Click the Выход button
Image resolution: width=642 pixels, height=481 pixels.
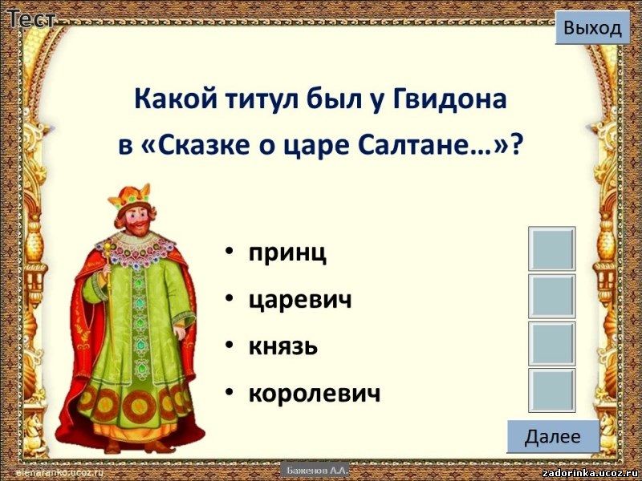tap(592, 27)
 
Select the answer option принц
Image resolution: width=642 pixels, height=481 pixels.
tap(287, 253)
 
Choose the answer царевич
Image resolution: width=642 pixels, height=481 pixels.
tap(300, 300)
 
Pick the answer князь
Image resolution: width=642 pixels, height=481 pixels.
tap(283, 346)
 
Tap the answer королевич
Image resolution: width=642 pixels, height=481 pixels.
tap(315, 394)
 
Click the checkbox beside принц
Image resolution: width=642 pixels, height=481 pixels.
tap(551, 249)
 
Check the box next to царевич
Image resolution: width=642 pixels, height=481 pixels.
tap(551, 296)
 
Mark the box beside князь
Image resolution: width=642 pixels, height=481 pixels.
tap(551, 343)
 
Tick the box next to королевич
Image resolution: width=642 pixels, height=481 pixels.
tap(551, 390)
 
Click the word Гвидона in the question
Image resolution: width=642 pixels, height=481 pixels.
tap(449, 99)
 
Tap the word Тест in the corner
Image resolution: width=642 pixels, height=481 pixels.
tap(31, 18)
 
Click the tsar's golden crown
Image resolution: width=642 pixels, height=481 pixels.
tap(130, 196)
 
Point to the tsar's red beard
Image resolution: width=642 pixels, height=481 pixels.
tap(140, 228)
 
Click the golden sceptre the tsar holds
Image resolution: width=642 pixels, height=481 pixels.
tap(108, 279)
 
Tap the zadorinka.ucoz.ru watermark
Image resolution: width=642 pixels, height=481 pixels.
tap(591, 473)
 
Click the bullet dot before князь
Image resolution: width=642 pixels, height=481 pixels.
tap(230, 346)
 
